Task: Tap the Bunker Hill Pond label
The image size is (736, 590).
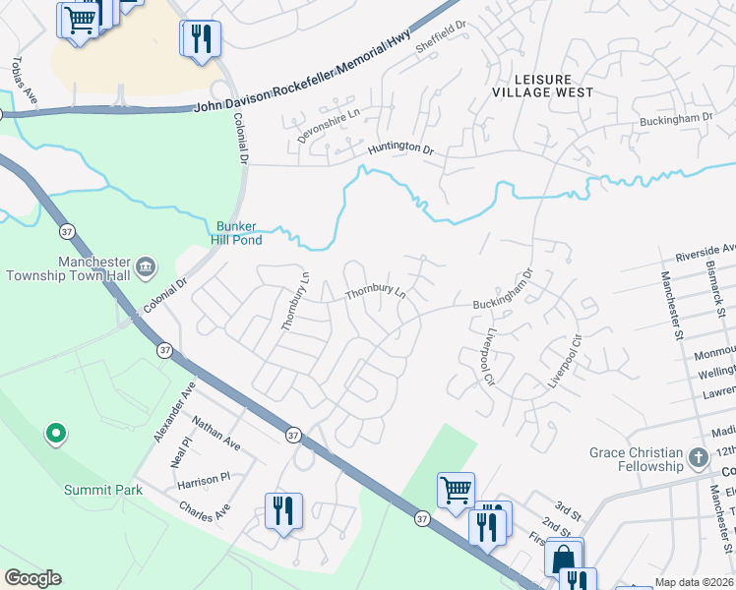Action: tap(238, 232)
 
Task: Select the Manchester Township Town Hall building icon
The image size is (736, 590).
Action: tap(145, 265)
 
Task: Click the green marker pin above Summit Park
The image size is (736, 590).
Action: tap(56, 433)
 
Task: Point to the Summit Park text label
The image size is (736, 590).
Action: tap(103, 490)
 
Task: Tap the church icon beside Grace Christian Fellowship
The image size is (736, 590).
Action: tap(698, 458)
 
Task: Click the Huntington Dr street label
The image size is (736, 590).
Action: tap(400, 149)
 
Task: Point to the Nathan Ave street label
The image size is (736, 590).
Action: tap(216, 434)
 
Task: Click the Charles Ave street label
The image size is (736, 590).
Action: tap(204, 511)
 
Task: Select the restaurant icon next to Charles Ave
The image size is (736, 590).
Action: tap(283, 511)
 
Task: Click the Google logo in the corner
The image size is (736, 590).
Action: tap(32, 578)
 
